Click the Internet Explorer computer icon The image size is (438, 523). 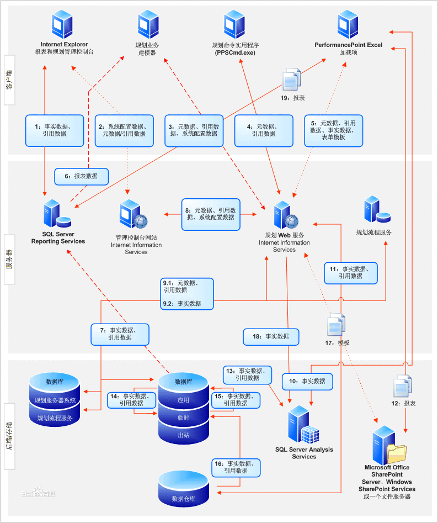point(62,24)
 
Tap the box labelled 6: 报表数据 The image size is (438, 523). point(82,176)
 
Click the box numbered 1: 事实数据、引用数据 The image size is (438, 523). point(55,130)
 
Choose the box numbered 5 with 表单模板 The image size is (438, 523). point(334,130)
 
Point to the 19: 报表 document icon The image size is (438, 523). point(292,80)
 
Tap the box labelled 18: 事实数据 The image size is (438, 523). point(271,336)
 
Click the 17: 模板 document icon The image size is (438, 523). point(336,325)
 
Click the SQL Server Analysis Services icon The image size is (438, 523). point(302,425)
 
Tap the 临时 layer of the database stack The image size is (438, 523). point(183,418)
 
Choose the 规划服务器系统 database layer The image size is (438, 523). point(55,400)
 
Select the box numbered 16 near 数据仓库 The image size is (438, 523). point(236,467)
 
